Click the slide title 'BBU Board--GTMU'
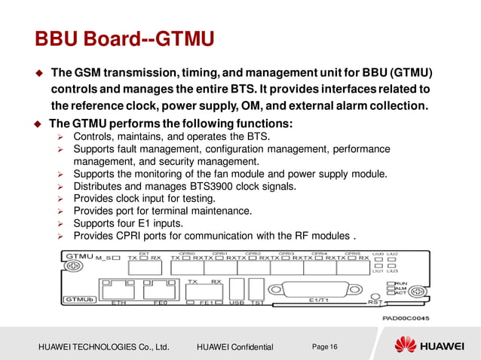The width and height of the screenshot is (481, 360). [125, 37]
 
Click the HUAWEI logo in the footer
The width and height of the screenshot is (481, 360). [431, 346]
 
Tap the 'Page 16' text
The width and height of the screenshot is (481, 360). [325, 346]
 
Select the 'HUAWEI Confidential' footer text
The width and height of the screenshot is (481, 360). [234, 346]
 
